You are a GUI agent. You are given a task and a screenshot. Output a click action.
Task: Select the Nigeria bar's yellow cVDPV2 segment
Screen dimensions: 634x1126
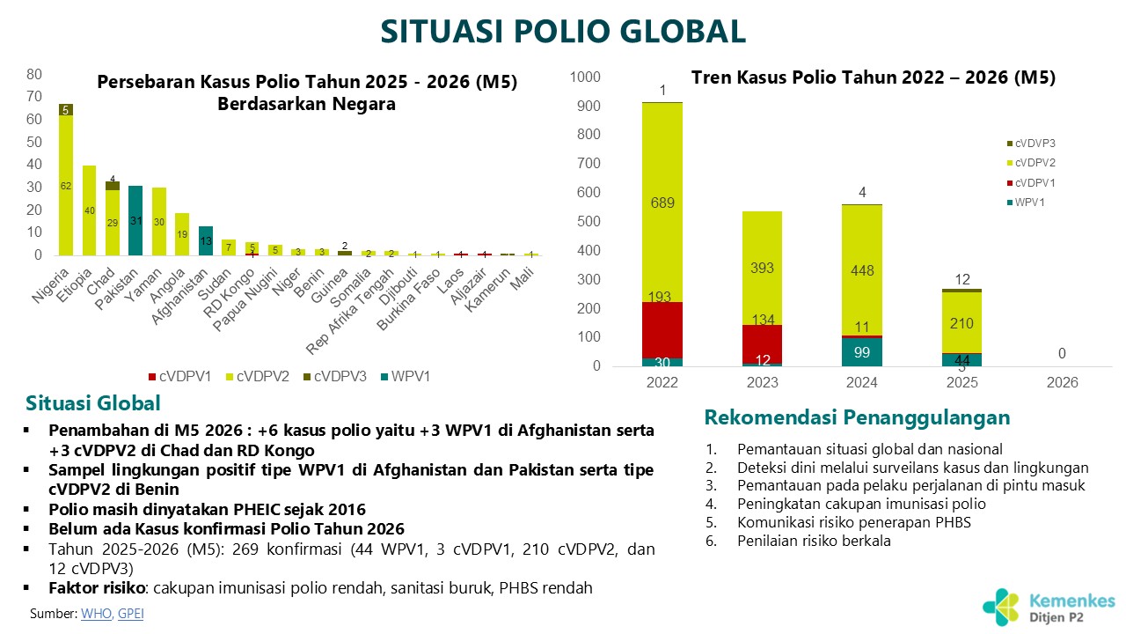[x=66, y=185]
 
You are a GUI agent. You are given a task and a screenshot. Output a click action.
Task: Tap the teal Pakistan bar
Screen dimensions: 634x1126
[x=135, y=220]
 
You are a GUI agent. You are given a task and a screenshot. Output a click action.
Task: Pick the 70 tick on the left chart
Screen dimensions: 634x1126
[x=35, y=96]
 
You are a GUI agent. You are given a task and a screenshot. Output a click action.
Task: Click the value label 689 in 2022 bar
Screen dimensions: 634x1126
[x=662, y=203]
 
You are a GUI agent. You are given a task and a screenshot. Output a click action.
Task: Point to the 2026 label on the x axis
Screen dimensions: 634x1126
[x=1062, y=383]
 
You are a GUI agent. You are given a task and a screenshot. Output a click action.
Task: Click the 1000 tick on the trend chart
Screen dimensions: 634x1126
[x=585, y=77]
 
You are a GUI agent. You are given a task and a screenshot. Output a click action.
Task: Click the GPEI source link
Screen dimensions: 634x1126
[x=130, y=614]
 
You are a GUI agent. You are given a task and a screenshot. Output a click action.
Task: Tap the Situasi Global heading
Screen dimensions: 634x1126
[x=93, y=403]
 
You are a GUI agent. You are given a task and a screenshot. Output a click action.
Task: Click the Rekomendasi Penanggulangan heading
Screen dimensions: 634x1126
[x=857, y=417]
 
